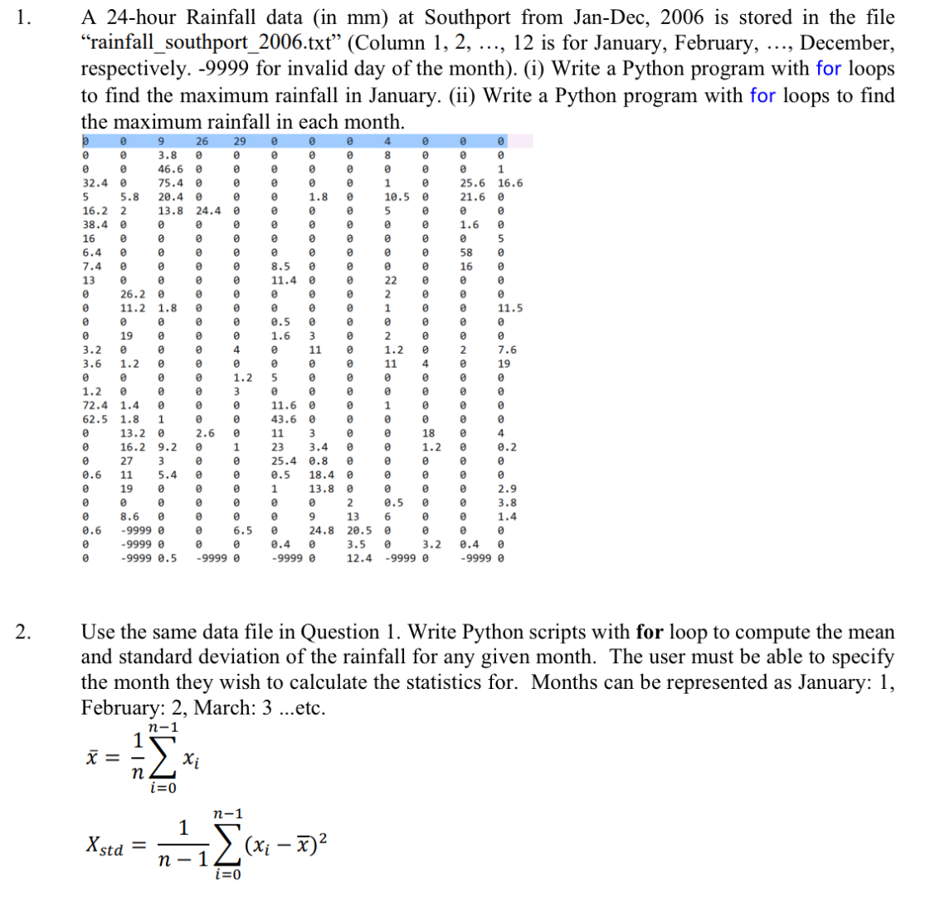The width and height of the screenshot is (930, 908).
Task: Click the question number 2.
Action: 22,632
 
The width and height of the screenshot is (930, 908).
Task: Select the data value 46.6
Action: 170,168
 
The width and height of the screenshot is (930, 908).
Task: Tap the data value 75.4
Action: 170,183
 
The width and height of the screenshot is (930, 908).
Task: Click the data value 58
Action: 466,252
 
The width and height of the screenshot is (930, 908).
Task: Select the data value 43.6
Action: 284,419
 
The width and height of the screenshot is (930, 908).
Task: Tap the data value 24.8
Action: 321,530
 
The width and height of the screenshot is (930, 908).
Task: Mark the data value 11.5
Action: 509,308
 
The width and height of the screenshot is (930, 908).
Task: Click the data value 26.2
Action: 133,294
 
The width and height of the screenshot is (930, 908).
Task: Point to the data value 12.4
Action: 358,559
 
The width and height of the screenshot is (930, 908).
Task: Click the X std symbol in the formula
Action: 105,847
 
